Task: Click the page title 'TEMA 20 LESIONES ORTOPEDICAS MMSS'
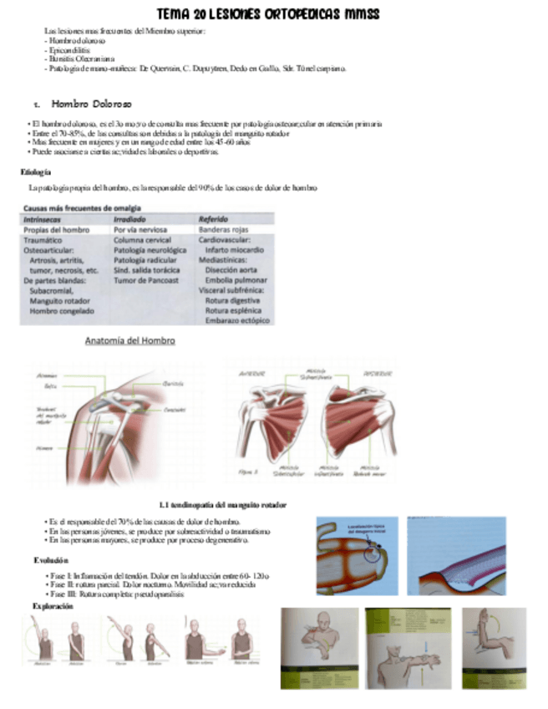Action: click(x=269, y=15)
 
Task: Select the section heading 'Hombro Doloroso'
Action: click(x=91, y=105)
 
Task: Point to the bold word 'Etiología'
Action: click(x=36, y=172)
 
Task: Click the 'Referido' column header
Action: click(x=214, y=219)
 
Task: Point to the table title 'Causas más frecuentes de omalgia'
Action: click(x=82, y=208)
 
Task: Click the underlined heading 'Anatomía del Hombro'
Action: click(x=129, y=341)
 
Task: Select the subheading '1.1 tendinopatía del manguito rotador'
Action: click(x=223, y=505)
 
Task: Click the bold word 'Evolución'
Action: click(x=51, y=559)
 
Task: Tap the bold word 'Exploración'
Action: click(x=53, y=605)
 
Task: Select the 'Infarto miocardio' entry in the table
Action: click(x=238, y=250)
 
